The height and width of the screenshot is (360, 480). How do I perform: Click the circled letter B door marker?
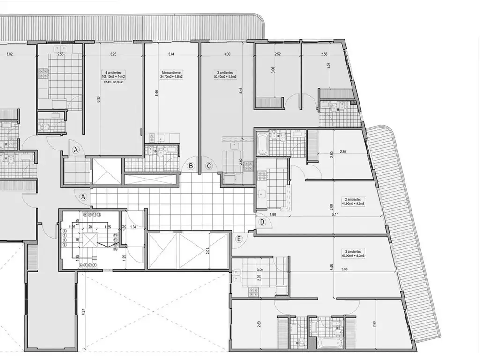[x=191, y=165]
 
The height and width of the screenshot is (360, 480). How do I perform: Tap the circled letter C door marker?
[x=209, y=165]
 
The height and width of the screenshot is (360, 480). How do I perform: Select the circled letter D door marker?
[x=262, y=222]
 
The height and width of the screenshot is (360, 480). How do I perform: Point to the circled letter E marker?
[x=239, y=240]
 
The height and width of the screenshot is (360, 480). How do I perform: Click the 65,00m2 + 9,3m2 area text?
[x=354, y=256]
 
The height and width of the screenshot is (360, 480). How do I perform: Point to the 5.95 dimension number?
[x=345, y=270]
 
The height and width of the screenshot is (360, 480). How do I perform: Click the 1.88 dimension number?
[x=273, y=215]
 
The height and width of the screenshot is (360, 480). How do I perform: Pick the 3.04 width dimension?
[x=172, y=54]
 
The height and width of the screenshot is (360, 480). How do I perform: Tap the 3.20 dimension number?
[x=260, y=270]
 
